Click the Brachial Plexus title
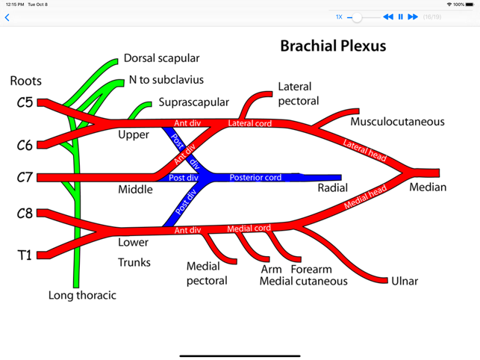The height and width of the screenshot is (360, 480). pos(333,46)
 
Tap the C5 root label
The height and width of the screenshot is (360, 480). pos(25,102)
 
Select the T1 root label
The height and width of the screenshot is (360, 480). pos(25,255)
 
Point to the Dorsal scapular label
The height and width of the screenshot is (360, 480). pos(161,58)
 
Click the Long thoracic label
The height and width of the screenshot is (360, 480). pos(82,295)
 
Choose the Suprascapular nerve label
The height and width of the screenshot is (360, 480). pos(193,102)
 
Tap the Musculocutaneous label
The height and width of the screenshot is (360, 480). pos(397,122)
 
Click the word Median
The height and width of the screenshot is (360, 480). pos(428,187)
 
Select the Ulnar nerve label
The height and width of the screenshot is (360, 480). pos(405,282)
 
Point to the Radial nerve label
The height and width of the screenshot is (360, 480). pos(332,188)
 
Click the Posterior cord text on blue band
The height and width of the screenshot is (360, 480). pos(255,178)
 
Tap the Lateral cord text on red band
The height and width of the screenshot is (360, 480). pos(249,123)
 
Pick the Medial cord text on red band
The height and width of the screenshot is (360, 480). pos(249,229)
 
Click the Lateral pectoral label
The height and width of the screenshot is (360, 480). pos(298,94)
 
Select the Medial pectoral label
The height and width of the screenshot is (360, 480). pos(207,273)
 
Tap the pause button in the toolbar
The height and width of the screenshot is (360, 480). pos(400,16)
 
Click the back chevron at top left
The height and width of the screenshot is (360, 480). pos(7,17)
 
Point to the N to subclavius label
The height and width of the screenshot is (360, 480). pos(166,80)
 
